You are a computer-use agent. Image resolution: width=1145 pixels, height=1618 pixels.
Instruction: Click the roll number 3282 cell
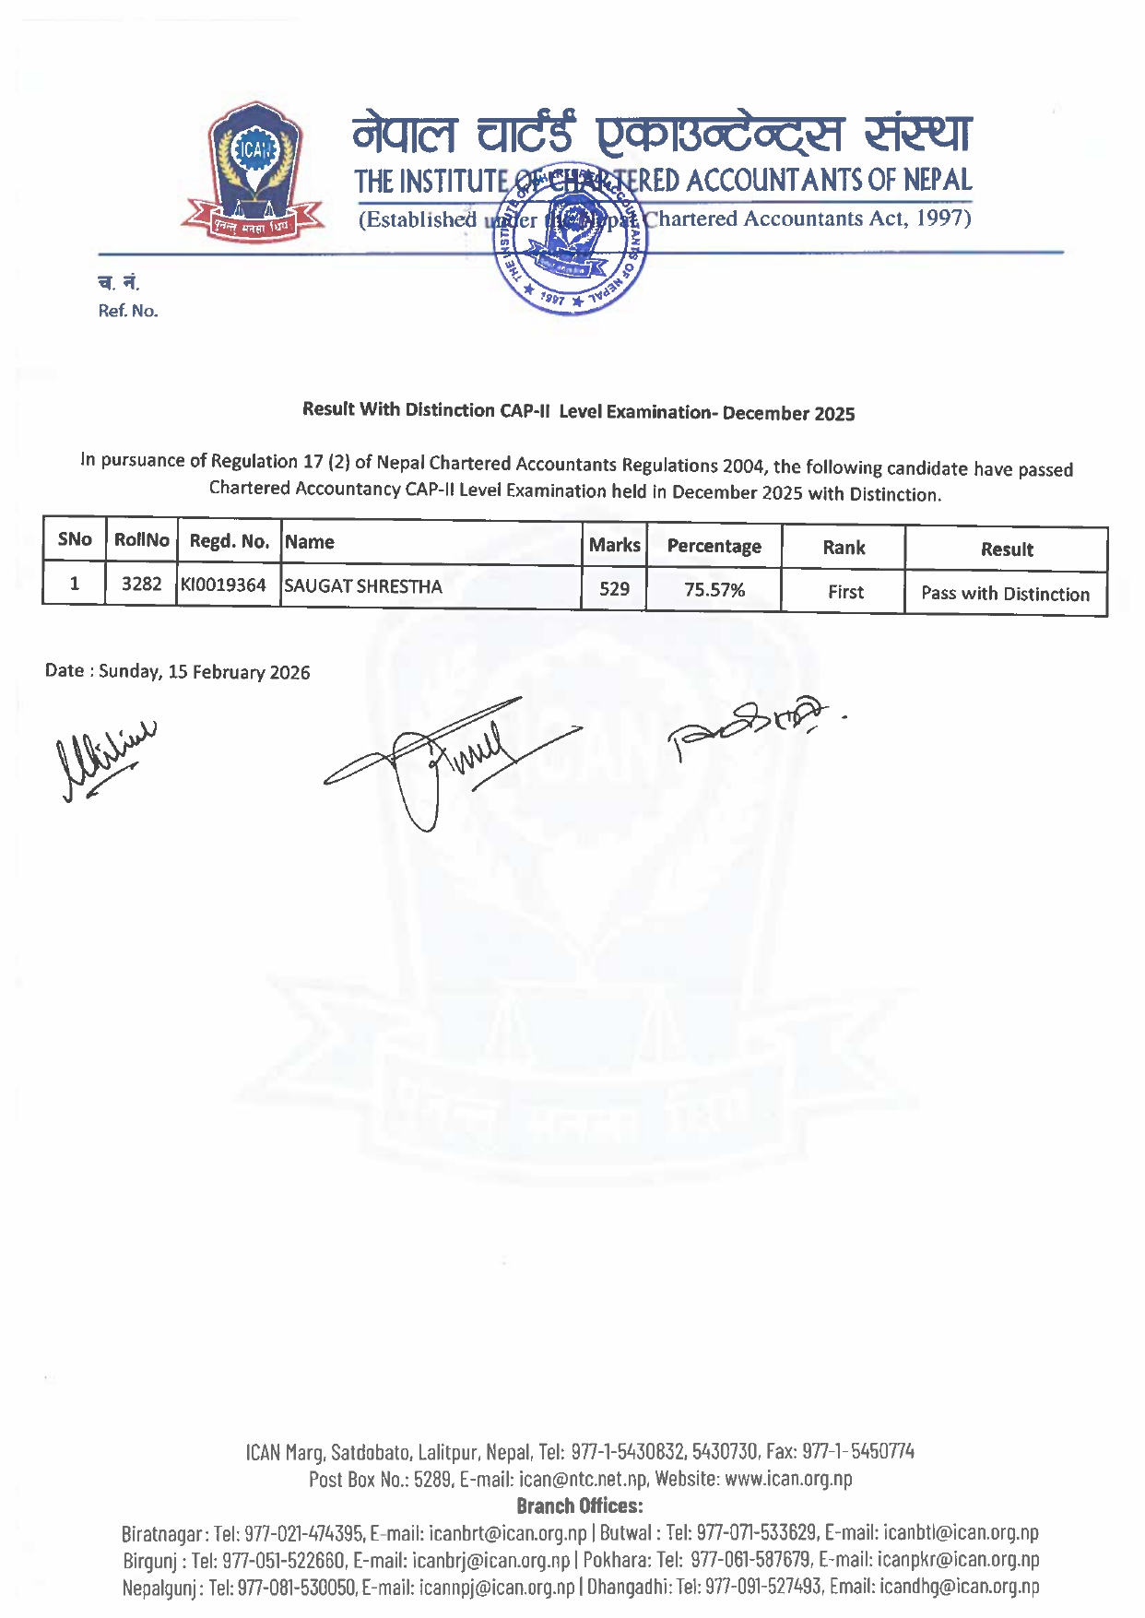coord(141,585)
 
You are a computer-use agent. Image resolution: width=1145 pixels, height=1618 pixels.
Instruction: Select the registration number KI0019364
coord(224,585)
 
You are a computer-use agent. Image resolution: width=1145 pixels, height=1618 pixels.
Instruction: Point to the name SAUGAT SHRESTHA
coord(363,586)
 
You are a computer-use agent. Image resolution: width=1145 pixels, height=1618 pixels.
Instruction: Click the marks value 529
coord(614,589)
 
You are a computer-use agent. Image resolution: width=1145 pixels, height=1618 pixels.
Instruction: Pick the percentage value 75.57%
coord(714,590)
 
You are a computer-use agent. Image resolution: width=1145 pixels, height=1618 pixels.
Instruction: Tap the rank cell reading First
coord(845,592)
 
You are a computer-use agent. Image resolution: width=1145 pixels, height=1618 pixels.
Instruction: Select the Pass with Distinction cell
coord(1005,594)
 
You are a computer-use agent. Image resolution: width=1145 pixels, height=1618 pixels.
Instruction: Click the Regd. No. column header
coord(229,541)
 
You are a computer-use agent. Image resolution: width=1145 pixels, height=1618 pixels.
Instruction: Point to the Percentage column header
coord(714,546)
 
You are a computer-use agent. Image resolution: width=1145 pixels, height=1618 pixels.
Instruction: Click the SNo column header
coord(75,539)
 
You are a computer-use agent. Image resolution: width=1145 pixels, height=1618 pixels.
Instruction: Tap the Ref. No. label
coord(128,311)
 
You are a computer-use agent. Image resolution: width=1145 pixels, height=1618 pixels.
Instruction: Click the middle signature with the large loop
coord(443,761)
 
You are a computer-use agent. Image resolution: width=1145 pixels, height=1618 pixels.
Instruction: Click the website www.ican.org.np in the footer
coord(788,1479)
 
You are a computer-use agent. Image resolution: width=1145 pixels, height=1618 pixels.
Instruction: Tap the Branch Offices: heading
coord(579,1506)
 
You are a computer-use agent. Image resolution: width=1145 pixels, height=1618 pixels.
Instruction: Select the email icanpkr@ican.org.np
coord(959,1559)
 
